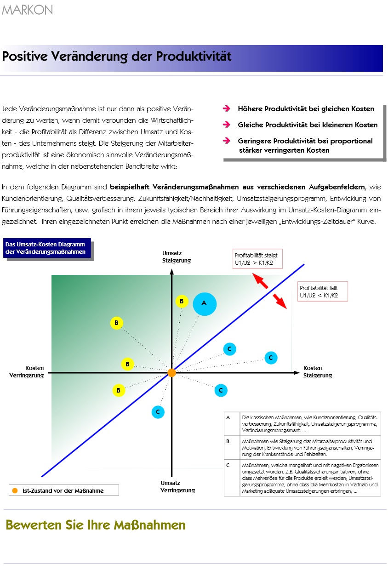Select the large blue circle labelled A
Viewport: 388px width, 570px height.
coord(205,303)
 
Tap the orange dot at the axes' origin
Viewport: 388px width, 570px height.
coord(171,373)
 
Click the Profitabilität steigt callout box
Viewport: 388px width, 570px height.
coord(257,259)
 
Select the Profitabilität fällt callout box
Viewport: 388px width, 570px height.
coord(323,291)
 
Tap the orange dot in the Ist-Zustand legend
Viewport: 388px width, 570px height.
coord(15,490)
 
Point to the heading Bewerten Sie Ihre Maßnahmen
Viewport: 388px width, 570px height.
coord(96,525)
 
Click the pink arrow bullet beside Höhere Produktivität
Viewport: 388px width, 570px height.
coord(226,109)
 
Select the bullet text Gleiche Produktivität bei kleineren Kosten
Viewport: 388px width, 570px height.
coord(308,125)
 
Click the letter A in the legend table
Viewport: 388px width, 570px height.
coord(228,418)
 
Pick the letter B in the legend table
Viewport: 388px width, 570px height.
coord(228,441)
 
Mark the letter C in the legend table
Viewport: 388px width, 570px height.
coord(228,465)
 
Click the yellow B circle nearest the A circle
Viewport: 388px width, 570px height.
coord(182,301)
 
